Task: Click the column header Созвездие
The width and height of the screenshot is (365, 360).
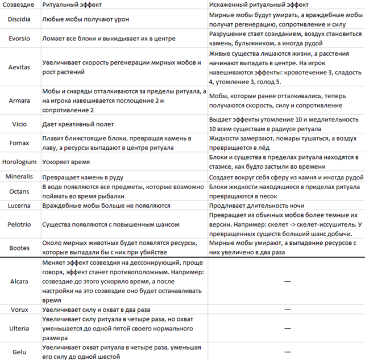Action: (18, 5)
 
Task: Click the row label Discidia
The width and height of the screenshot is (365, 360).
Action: (19, 19)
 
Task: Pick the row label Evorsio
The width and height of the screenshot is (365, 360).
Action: (19, 39)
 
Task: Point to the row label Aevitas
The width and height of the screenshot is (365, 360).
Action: (19, 67)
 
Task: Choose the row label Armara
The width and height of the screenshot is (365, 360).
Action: (19, 101)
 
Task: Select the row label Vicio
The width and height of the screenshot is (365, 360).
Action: (19, 124)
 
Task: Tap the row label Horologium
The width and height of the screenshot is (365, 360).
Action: (19, 161)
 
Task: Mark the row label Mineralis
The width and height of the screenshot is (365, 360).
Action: (19, 177)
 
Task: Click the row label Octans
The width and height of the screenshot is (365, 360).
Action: (19, 191)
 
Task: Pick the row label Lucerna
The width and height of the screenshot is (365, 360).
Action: (19, 206)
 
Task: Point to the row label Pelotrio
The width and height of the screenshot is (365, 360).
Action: (19, 224)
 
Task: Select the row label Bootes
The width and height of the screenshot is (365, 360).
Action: (19, 248)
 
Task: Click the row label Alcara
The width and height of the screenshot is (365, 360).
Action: (19, 281)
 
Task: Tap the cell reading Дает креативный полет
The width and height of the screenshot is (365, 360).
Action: (78, 124)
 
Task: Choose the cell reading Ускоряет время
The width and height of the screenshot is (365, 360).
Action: (66, 161)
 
